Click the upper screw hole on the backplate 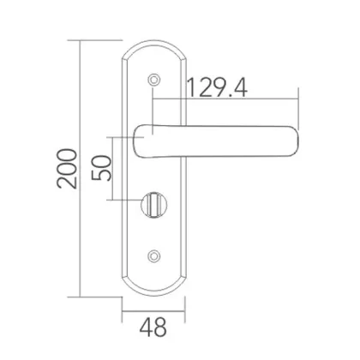pos(153,79)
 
